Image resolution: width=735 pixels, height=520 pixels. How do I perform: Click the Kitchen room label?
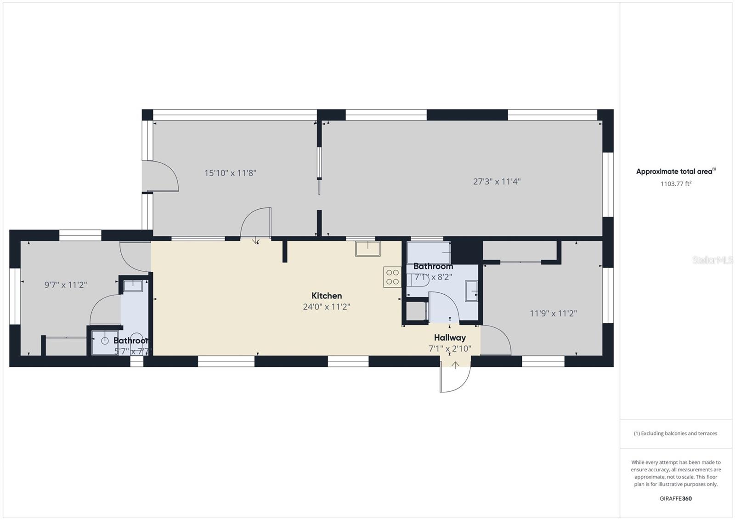click(327, 296)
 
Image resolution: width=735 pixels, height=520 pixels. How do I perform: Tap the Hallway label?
click(450, 337)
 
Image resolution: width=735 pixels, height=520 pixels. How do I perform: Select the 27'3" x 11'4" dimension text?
click(497, 182)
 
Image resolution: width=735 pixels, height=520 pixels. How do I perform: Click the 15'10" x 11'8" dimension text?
click(230, 173)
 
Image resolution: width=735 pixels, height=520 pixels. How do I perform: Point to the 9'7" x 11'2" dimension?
click(66, 285)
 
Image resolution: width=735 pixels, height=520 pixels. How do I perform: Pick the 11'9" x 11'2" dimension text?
click(553, 314)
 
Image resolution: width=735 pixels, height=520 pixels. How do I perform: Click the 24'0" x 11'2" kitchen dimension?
click(327, 307)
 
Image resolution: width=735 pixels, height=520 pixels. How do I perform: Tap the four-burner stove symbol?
click(392, 277)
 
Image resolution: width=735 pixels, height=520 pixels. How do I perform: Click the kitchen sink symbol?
click(367, 249)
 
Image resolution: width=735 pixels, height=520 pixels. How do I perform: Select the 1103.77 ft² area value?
click(676, 184)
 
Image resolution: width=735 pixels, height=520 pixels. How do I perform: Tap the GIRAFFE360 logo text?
click(675, 498)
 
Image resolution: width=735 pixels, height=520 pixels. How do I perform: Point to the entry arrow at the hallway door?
click(455, 366)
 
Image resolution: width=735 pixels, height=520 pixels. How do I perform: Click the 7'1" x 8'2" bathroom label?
click(433, 277)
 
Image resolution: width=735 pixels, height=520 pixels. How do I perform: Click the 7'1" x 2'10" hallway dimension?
click(450, 349)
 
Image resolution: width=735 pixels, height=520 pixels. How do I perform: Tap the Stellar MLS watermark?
click(712, 260)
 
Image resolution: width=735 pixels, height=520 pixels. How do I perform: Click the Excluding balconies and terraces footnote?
click(675, 433)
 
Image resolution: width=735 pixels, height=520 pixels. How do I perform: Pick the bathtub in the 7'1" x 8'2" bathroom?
click(428, 252)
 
